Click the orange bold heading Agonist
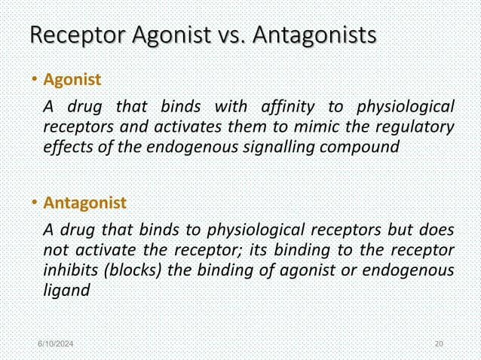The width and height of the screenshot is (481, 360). tap(72, 78)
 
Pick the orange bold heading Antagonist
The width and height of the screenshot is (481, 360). tap(84, 203)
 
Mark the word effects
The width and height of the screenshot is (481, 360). tap(66, 147)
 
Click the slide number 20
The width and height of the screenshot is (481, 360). tap(440, 344)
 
